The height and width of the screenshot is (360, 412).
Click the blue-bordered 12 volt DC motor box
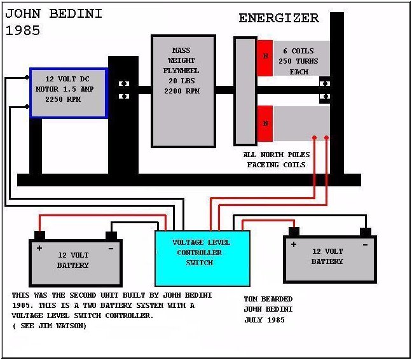click(x=69, y=93)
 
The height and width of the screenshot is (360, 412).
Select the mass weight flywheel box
click(x=183, y=91)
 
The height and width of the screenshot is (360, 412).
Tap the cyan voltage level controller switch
click(x=202, y=258)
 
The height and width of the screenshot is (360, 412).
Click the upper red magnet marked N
click(x=265, y=58)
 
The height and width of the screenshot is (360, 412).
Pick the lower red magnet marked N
click(x=265, y=123)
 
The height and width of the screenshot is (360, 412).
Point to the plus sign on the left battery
click(x=39, y=248)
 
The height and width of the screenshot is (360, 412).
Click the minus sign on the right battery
click(x=365, y=245)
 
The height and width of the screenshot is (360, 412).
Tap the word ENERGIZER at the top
click(x=278, y=18)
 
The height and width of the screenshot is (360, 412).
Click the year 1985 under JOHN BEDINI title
click(x=23, y=31)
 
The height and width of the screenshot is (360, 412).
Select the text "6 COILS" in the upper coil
click(x=298, y=51)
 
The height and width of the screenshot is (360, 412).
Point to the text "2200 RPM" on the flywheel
click(x=182, y=91)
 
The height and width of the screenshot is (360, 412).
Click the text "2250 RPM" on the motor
click(x=63, y=99)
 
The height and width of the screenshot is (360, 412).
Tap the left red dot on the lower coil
click(x=314, y=137)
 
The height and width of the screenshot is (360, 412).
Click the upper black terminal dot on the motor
click(x=27, y=77)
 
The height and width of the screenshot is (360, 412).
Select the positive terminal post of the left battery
click(x=39, y=235)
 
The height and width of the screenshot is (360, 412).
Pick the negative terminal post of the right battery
click(x=366, y=232)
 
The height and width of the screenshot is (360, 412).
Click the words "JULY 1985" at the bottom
click(x=264, y=320)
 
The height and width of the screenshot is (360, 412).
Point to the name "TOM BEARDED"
click(x=268, y=299)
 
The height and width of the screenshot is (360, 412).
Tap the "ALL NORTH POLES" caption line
click(x=277, y=155)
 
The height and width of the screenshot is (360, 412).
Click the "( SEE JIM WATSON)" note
click(x=50, y=326)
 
